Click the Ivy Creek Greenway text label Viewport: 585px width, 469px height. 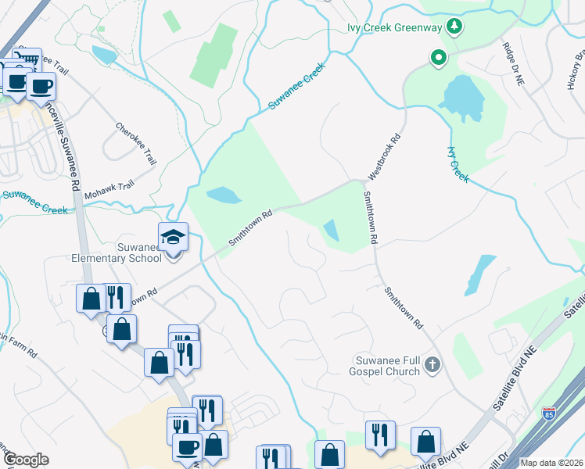(x=396, y=28)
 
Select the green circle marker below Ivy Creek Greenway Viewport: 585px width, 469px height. (x=440, y=57)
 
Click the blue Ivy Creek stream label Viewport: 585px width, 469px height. (x=458, y=165)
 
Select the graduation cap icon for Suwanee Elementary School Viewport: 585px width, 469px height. (x=174, y=237)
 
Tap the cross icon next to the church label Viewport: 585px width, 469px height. (x=433, y=363)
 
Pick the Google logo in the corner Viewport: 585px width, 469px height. (x=25, y=460)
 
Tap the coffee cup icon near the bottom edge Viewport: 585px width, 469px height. (x=187, y=448)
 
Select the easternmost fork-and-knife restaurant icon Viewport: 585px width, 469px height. (x=380, y=435)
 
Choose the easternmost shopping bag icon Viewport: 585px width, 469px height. (x=425, y=442)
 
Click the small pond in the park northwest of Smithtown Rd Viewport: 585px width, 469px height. (x=221, y=195)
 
